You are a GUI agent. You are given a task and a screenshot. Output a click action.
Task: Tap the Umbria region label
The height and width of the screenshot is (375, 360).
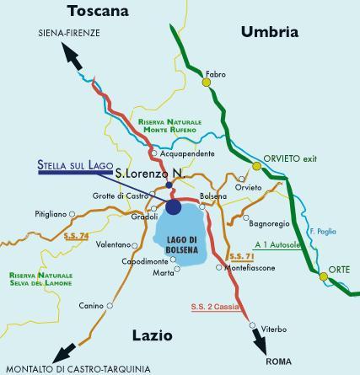pyautogui.click(x=270, y=33)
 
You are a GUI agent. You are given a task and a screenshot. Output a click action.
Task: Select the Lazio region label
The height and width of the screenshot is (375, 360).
pyautogui.click(x=153, y=335)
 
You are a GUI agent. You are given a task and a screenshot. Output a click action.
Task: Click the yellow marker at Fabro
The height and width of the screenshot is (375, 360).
pyautogui.click(x=206, y=83)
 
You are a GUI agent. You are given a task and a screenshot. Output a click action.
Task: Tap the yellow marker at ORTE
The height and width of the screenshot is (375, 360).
pyautogui.click(x=323, y=275)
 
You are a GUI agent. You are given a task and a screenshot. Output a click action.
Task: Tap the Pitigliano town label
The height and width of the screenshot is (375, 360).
pyautogui.click(x=50, y=215)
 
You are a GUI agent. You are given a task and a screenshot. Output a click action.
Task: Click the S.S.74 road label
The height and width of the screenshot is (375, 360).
pyautogui.click(x=76, y=238)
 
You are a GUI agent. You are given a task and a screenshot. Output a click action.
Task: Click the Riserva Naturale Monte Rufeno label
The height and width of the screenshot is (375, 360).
pyautogui.click(x=167, y=126)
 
